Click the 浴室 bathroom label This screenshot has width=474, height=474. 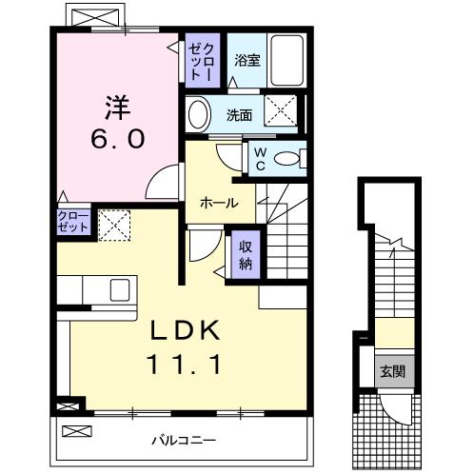pos(247,60)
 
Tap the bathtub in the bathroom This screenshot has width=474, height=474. pos(287,60)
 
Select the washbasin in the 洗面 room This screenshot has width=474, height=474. pos(200,115)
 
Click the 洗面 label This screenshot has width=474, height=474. pos(239,115)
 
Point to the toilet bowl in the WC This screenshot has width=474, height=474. pos(286,158)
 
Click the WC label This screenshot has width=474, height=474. pos(261,159)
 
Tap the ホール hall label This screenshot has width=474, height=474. pos(219,203)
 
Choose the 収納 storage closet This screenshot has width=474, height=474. pos(246,254)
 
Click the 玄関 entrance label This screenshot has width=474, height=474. pos(393,371)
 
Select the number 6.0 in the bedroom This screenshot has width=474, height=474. pos(118,139)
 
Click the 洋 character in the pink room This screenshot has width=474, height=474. pos(118,107)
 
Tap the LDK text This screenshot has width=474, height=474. pos(185,330)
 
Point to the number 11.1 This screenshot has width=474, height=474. pos(184,365)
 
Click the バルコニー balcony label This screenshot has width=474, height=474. pos(184,440)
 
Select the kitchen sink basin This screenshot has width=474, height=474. pos(120,290)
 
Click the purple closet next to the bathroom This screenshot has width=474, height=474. pos(203,60)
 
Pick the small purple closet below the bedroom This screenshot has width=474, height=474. pos(74,222)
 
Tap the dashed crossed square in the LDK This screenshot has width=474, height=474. pos(114,226)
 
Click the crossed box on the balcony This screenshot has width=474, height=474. pos(77,431)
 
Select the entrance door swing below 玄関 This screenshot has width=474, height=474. pos(395,409)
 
